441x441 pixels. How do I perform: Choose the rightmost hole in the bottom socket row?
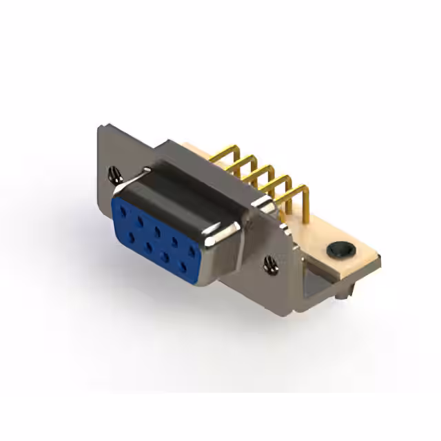click(x=183, y=263)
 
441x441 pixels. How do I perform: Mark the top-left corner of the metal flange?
click(x=101, y=127)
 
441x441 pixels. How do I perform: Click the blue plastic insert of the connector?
click(x=155, y=238)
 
